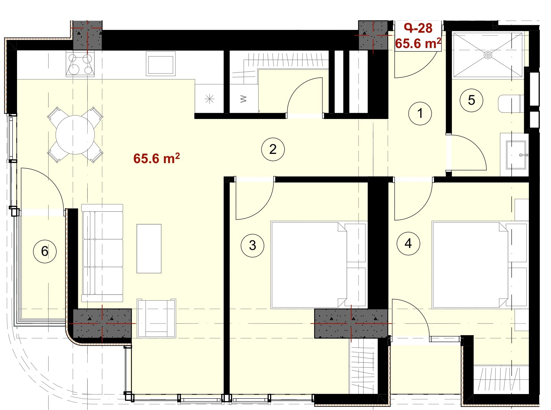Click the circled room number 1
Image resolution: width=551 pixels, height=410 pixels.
point(420,113)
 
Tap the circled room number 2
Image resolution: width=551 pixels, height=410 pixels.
point(273,149)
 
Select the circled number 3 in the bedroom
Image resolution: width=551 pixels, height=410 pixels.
point(252,245)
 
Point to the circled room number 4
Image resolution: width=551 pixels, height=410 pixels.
point(408,243)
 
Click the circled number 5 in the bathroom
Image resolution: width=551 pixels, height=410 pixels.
point(471,100)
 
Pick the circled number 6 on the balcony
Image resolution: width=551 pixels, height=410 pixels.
point(45,251)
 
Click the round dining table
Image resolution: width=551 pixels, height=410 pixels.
point(75,135)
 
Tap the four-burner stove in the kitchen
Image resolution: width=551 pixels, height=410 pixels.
point(80,64)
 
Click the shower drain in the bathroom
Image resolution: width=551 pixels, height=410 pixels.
point(488,55)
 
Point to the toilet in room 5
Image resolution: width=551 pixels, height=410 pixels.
point(510,104)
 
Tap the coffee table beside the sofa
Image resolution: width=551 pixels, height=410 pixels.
point(149,249)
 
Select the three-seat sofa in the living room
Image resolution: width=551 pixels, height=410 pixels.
point(102,253)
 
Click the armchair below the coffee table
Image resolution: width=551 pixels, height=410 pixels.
point(156,318)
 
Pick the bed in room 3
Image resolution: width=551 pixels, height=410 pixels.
point(318,265)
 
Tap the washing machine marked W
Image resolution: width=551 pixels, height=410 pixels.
point(243,99)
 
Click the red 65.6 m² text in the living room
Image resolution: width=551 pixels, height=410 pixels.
point(156,158)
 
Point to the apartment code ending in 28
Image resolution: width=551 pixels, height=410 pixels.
point(418,28)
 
